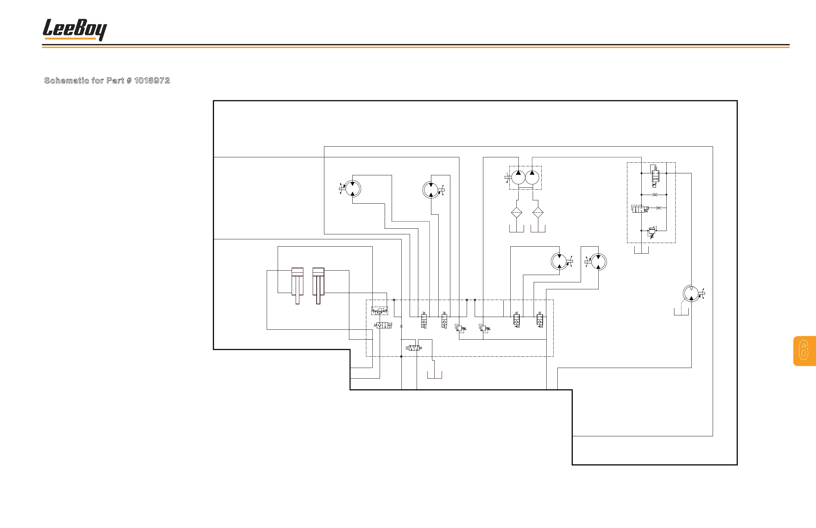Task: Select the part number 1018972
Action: coord(152,81)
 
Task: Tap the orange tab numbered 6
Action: coord(804,350)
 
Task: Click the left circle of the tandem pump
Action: coord(518,178)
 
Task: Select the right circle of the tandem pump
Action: coord(532,178)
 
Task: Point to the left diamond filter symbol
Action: coord(516,213)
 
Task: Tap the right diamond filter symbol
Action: coord(538,213)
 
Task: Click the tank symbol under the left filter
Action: coord(516,229)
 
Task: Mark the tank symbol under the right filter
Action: coord(538,229)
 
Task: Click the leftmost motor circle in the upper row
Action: coord(352,189)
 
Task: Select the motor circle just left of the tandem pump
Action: coord(431,190)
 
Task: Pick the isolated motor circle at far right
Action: coord(691,293)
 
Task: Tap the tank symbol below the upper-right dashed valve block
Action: coord(641,251)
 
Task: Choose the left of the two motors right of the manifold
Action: coord(559,261)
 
